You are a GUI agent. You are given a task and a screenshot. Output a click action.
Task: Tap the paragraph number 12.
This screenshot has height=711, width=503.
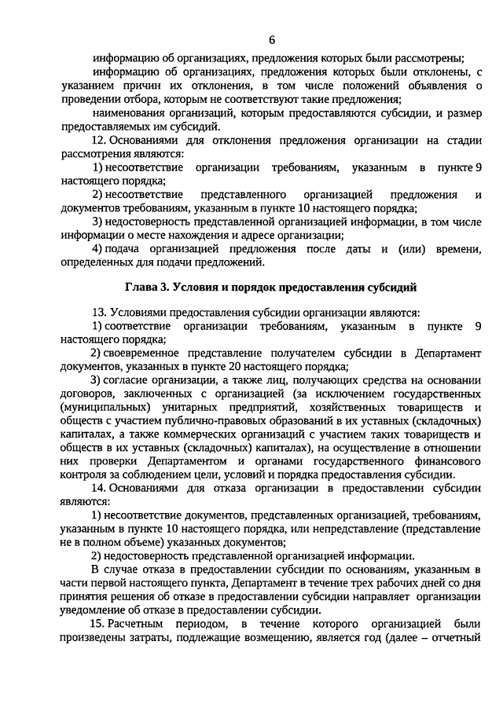pyautogui.click(x=98, y=141)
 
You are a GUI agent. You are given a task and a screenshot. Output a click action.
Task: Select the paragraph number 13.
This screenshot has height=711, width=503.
pyautogui.click(x=98, y=312)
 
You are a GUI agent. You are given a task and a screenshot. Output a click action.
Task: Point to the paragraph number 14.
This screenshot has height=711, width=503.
pyautogui.click(x=98, y=488)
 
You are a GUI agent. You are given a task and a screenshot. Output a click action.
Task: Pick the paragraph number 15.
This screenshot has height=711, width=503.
pyautogui.click(x=98, y=624)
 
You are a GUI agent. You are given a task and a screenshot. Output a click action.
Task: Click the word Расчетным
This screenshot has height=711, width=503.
pyautogui.click(x=138, y=624)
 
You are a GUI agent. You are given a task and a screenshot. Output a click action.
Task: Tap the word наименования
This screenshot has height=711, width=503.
pyautogui.click(x=129, y=113)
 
